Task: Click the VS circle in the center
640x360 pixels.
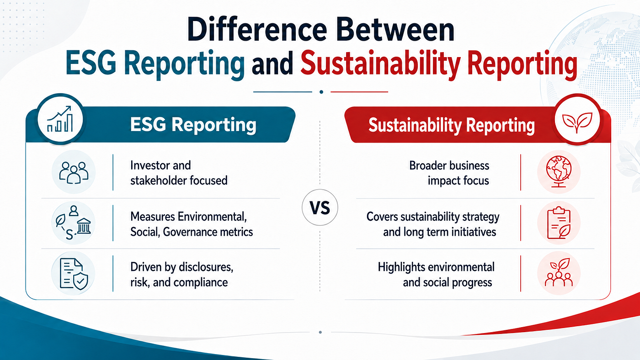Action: click(320, 207)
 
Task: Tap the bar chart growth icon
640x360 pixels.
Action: click(60, 119)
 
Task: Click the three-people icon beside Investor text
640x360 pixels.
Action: click(74, 172)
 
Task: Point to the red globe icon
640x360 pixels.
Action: click(559, 172)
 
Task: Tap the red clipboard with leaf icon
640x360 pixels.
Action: click(559, 222)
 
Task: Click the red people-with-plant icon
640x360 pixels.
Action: click(559, 273)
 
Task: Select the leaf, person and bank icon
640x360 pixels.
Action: click(73, 222)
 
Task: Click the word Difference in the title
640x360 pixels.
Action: click(257, 30)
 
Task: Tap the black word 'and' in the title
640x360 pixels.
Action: click(272, 64)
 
